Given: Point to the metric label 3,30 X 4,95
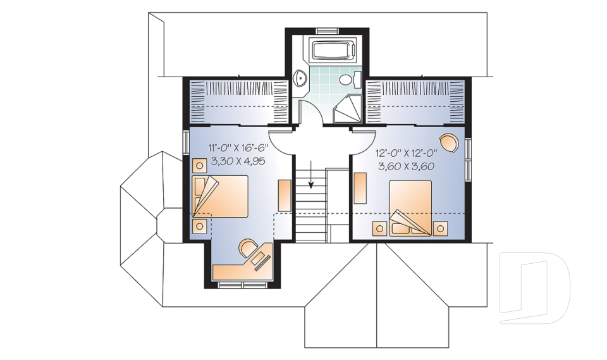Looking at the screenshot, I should pos(236,161).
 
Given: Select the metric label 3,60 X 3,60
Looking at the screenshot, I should pos(405,167).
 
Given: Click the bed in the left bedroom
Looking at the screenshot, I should pos(221,196).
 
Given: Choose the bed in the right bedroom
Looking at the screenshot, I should pos(410,206).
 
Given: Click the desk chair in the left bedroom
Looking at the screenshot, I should pos(247,247).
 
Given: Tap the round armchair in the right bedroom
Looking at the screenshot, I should pos(448,143).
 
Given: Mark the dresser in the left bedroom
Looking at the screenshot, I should pos(285,195).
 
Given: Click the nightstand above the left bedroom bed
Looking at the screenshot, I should pos(199,166).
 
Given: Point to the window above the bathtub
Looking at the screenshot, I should pos(327,30).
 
